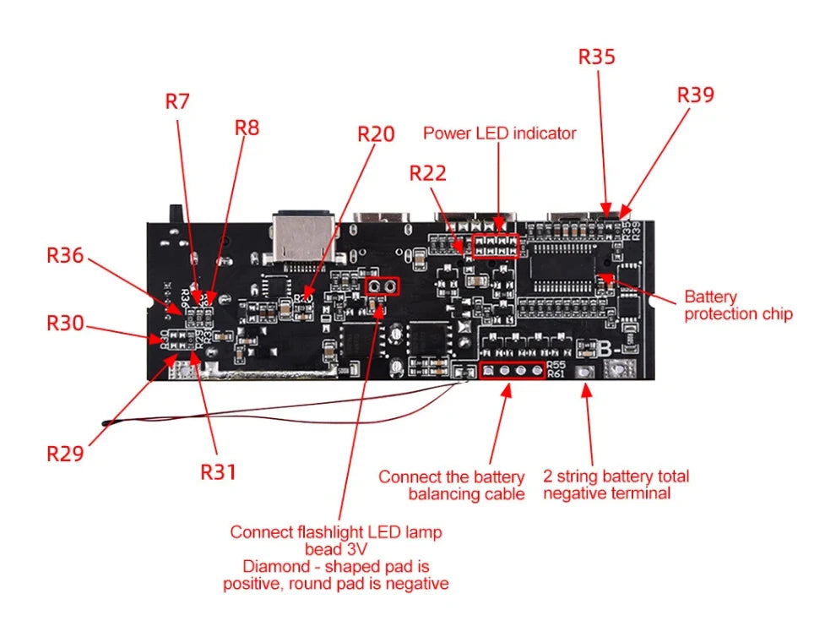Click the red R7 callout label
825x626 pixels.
click(177, 101)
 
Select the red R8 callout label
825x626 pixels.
click(247, 128)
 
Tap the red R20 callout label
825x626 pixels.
click(376, 134)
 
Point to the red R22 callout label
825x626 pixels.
click(427, 173)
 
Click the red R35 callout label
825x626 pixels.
click(596, 57)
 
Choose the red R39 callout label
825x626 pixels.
click(695, 95)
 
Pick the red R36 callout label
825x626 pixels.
click(65, 254)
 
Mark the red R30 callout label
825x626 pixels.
click(65, 323)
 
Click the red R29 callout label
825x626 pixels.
click(65, 453)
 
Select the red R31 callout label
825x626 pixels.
click(218, 471)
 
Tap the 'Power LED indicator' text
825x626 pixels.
click(499, 133)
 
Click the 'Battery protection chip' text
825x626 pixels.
click(737, 306)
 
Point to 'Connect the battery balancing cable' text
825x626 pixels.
click(451, 485)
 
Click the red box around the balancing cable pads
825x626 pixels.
click(512, 371)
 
